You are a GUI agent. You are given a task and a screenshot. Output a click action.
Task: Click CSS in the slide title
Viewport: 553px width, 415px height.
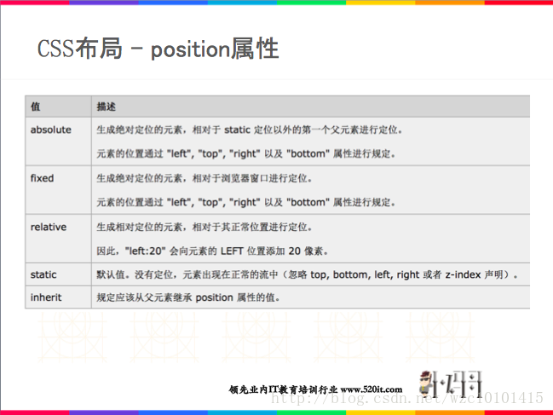pyautogui.click(x=55, y=49)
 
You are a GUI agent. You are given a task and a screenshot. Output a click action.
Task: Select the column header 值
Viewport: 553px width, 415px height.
pyautogui.click(x=35, y=107)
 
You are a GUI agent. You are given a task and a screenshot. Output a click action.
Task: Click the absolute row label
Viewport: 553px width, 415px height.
pyautogui.click(x=50, y=130)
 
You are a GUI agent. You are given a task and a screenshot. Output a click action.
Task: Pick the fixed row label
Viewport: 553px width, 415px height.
pyautogui.click(x=42, y=179)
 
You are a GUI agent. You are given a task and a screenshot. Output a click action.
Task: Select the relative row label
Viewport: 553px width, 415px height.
pyautogui.click(x=48, y=228)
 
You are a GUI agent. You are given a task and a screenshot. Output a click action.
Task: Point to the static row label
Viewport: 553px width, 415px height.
pyautogui.click(x=43, y=274)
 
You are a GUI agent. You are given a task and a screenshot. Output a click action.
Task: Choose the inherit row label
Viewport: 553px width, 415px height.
pyautogui.click(x=46, y=297)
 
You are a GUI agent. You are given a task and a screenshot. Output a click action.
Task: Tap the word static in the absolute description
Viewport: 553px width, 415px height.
pyautogui.click(x=238, y=130)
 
